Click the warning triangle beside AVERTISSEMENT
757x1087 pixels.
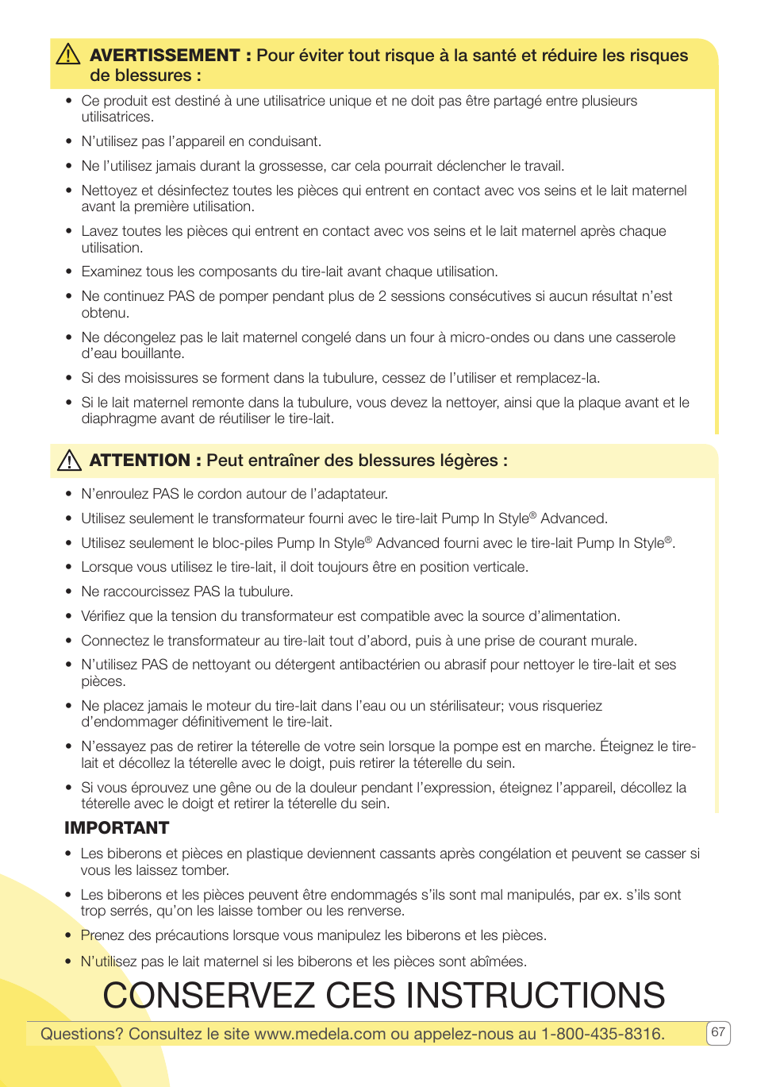(x=68, y=54)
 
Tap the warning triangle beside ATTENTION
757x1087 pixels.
(x=69, y=461)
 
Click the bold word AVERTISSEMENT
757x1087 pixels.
(x=164, y=56)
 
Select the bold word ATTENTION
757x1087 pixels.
(x=140, y=461)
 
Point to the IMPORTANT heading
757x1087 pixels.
(x=117, y=828)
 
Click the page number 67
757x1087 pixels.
(x=718, y=1032)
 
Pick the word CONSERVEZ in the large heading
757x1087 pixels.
(x=209, y=996)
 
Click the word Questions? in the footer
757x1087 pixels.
(x=82, y=1034)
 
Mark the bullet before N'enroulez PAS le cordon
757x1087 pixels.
(x=69, y=495)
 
